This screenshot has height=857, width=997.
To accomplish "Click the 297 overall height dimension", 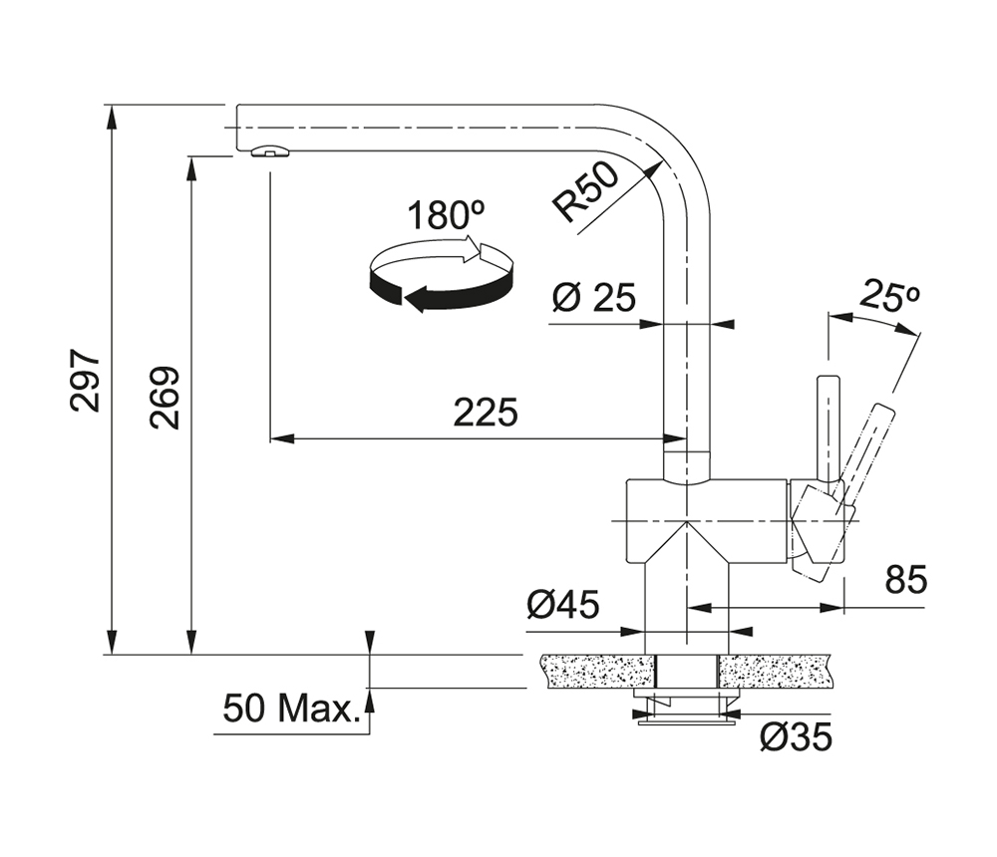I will coord(87,381).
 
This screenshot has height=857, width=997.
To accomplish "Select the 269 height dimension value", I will coord(165,398).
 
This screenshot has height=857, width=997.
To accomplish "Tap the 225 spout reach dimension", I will coord(486,412).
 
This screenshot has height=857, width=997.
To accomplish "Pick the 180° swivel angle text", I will coord(445,215).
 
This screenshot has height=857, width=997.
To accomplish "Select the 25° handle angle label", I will coord(890,296).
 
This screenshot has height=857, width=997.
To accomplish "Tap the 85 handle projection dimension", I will coord(905,578).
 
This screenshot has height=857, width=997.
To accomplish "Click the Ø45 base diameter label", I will coord(563,604).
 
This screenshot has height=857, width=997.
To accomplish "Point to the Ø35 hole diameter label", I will coord(795,736).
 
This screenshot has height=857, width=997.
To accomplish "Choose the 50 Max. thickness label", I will coord(290,710).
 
